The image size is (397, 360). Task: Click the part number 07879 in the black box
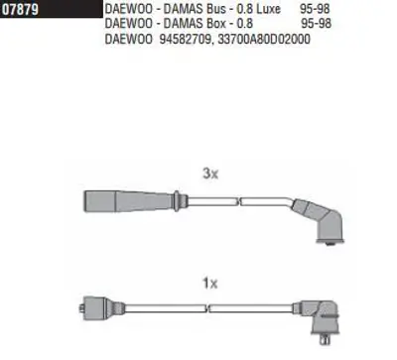coord(21,9)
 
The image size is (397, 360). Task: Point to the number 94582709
coord(186,39)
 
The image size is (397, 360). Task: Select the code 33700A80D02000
coord(264,39)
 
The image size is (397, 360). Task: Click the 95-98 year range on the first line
coord(315,9)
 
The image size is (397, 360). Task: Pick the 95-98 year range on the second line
coord(316,24)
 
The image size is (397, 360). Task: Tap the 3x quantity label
coord(210,173)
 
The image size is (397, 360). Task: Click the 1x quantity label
coord(210,283)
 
